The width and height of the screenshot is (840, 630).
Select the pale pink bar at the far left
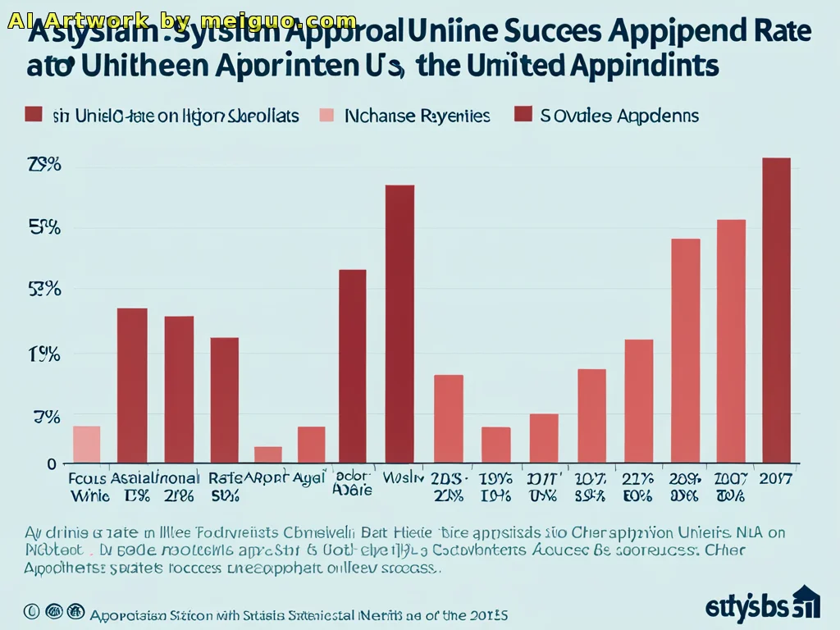coord(86,445)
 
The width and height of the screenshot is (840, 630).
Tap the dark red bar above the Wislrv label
coord(399,324)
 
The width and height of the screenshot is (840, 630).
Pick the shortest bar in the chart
coord(268,455)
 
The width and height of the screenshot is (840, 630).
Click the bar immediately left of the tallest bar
coord(731,341)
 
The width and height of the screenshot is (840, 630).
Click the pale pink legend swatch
coord(326,116)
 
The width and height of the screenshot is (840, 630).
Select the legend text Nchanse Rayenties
coord(418,116)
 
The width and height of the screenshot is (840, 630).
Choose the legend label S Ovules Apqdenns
coord(619,116)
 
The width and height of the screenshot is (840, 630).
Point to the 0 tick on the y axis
coord(51,464)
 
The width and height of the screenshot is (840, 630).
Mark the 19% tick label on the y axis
coord(45,354)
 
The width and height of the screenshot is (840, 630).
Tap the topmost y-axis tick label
coord(45,165)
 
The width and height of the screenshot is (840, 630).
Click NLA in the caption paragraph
coord(749,532)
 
